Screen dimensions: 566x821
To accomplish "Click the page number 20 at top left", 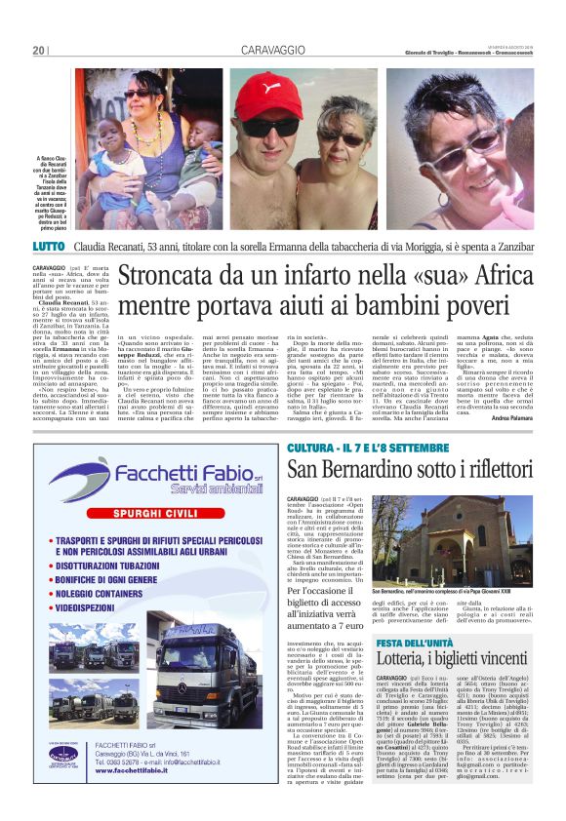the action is (39, 50).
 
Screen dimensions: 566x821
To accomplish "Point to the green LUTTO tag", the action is (51, 246).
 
